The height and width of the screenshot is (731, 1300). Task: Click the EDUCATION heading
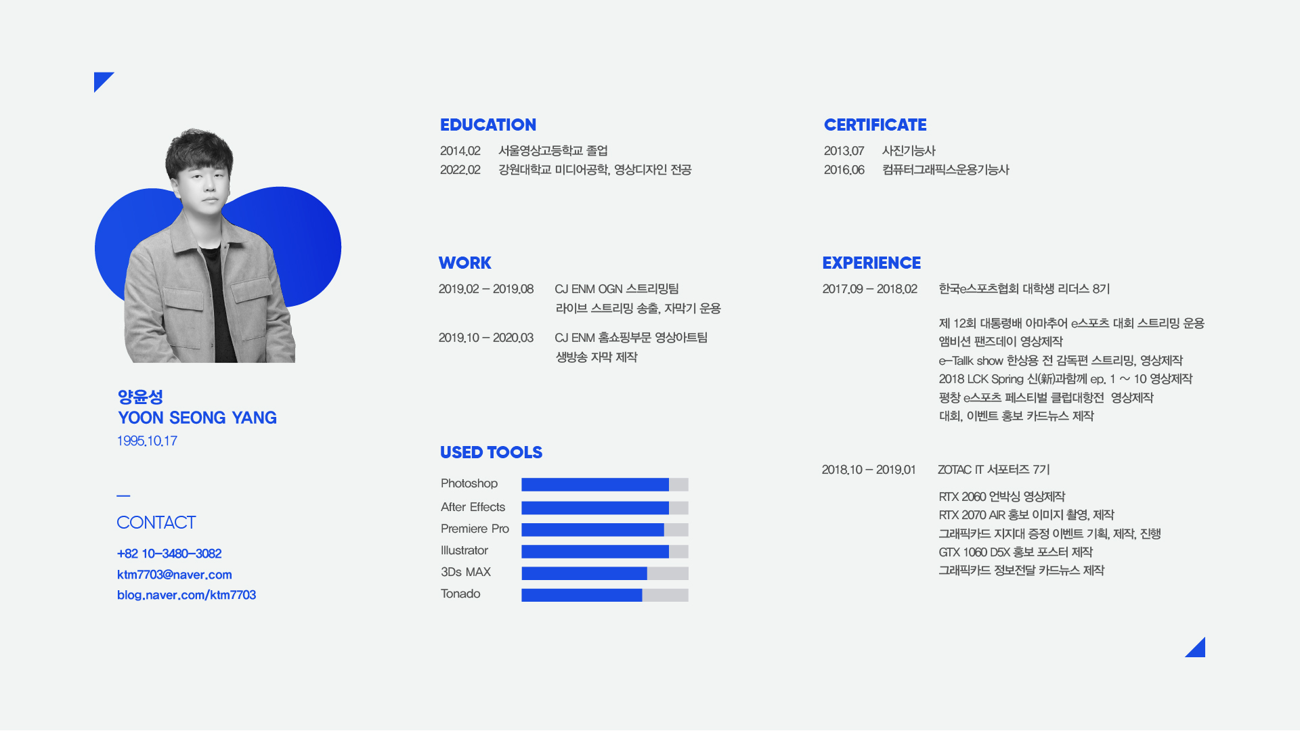tap(487, 125)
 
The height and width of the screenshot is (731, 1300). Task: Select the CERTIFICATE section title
tap(875, 125)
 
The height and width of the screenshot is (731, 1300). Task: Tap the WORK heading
tap(464, 263)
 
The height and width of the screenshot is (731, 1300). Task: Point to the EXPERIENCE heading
tap(871, 263)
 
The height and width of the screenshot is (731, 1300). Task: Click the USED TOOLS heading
tap(491, 452)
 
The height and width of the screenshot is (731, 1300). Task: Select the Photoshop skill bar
tap(605, 485)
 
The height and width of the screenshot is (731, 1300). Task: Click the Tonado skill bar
tap(605, 595)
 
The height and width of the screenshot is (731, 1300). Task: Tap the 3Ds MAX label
tap(466, 572)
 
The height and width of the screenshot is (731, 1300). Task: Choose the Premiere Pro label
tap(475, 529)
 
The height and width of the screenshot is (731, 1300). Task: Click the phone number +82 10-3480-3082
tap(169, 554)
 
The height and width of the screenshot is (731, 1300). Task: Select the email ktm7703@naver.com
tap(175, 575)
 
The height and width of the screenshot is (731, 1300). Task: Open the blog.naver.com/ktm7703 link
tap(186, 595)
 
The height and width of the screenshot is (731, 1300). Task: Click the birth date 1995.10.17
tap(147, 441)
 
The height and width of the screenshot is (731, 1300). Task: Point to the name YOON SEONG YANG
tap(197, 418)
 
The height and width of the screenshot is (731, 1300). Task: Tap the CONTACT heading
tap(156, 523)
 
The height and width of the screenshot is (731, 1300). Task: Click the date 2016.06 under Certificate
tap(844, 170)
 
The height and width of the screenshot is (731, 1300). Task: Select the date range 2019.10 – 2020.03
tap(485, 338)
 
